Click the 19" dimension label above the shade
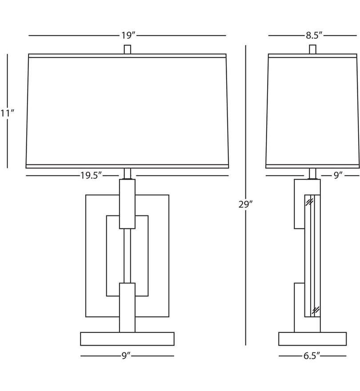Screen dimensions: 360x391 (x=128, y=36)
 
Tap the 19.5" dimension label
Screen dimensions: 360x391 (x=91, y=176)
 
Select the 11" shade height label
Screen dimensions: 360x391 (x=7, y=113)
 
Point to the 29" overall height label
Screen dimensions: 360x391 (x=245, y=204)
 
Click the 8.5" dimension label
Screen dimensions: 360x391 (x=314, y=36)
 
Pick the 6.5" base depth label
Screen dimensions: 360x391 (x=312, y=356)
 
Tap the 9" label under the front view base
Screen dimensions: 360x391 (x=126, y=356)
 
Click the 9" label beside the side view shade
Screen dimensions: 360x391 (x=338, y=176)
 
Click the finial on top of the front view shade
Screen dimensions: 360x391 (x=128, y=49)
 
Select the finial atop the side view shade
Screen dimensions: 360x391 (x=312, y=49)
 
